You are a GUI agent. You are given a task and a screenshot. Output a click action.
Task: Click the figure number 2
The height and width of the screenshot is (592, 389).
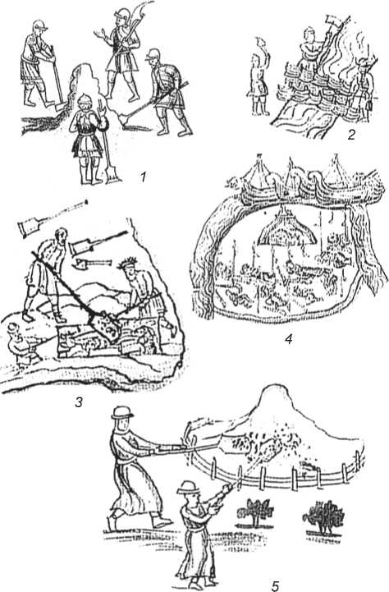351,135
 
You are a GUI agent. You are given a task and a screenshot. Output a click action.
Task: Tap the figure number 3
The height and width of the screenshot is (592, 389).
78,402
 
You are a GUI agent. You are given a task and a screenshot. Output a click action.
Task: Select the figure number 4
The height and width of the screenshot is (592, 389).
288,339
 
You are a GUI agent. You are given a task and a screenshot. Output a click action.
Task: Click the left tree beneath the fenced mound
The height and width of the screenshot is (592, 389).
254,512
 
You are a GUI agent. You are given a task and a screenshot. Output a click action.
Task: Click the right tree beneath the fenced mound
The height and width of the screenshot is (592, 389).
323,517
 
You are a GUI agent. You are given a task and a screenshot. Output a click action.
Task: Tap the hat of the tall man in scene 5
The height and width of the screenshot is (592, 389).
122,412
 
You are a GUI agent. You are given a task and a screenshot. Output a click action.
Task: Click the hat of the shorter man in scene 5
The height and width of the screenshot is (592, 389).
188,488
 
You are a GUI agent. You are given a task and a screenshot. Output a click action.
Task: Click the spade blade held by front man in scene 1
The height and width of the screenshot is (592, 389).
112,175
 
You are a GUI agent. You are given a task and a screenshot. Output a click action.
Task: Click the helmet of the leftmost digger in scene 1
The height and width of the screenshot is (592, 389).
39,25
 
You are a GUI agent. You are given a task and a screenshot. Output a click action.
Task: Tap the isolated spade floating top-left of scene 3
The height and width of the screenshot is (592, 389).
26,227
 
